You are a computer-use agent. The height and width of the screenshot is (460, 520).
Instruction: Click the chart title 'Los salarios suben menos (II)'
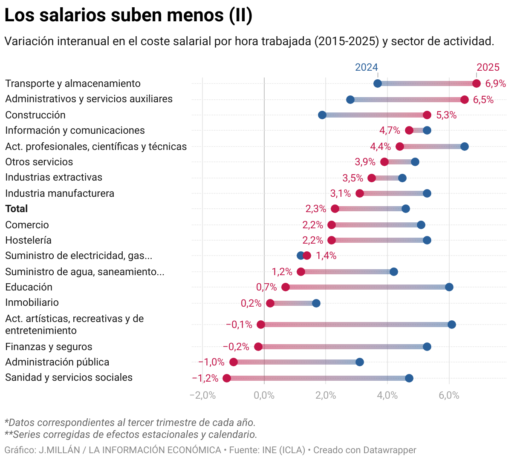[x=128, y=15]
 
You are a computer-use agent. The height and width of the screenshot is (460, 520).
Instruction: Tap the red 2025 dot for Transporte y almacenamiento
[x=476, y=83]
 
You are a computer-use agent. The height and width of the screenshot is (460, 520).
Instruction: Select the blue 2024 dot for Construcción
[x=322, y=115]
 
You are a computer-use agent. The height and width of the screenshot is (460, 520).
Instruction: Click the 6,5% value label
[x=483, y=100]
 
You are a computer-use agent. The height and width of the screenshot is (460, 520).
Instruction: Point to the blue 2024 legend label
[x=366, y=67]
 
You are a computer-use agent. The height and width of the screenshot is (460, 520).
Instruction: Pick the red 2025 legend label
[x=488, y=67]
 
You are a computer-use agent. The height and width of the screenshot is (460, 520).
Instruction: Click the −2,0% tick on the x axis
[x=202, y=395]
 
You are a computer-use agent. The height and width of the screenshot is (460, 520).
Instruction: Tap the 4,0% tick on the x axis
[x=387, y=395]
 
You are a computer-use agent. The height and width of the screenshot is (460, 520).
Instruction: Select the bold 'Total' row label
[x=17, y=209]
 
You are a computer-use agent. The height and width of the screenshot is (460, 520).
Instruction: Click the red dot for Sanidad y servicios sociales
[x=227, y=378]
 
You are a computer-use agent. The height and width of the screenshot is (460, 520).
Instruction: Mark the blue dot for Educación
[x=449, y=287]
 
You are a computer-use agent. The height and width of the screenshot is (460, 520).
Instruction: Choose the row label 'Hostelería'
[x=28, y=240]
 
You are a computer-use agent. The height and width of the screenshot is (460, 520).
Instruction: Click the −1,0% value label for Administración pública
[x=211, y=362]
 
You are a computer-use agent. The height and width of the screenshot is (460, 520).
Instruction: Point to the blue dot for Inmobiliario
[x=316, y=303]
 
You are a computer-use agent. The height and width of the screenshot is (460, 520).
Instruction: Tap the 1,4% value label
[x=326, y=256]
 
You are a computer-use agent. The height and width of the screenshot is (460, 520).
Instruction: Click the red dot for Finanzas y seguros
[x=258, y=347]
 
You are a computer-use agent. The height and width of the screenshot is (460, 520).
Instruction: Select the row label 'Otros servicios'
[x=39, y=162]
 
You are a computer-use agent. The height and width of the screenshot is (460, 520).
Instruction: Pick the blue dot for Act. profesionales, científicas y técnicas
[x=464, y=147]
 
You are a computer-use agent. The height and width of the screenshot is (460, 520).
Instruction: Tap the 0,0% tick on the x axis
[x=264, y=395]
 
